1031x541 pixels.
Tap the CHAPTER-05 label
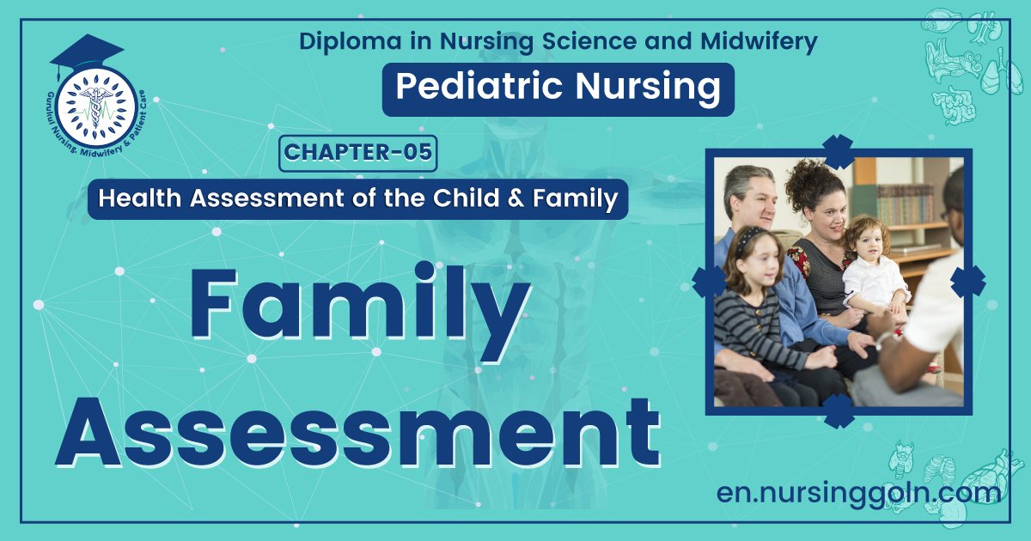(x=358, y=153)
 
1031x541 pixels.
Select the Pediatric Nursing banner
(x=558, y=89)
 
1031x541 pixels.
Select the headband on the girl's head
(x=749, y=237)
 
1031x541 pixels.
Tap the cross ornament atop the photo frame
(x=838, y=152)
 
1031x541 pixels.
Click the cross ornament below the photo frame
(x=838, y=410)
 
